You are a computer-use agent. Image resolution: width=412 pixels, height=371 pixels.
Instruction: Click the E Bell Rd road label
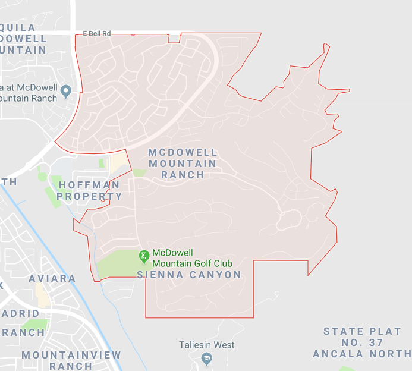(x=97, y=33)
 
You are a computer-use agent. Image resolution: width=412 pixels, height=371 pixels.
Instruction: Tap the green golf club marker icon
(x=143, y=256)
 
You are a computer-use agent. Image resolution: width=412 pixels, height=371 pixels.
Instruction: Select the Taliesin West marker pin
(x=207, y=359)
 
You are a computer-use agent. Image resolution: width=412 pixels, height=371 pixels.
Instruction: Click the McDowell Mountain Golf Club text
(x=192, y=258)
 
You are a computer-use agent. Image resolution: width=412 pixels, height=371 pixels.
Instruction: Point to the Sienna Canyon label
(x=189, y=275)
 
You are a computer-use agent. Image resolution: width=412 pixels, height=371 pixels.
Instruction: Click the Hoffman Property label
(x=89, y=191)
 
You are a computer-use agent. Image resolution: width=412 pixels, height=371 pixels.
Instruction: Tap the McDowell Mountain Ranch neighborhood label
(x=183, y=164)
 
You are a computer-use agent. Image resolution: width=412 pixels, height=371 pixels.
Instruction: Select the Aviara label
(x=52, y=278)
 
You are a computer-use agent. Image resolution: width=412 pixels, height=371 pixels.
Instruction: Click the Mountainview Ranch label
(x=71, y=360)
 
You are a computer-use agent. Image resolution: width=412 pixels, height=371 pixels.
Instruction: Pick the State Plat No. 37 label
(x=362, y=337)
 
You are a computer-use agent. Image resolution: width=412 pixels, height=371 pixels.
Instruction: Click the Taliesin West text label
(x=207, y=345)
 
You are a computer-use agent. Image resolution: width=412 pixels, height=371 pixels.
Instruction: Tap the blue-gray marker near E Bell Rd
(x=66, y=91)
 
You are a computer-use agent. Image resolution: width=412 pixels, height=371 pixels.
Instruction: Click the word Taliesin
(x=196, y=345)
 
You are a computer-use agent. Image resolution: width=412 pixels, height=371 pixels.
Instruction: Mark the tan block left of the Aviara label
(x=42, y=294)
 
